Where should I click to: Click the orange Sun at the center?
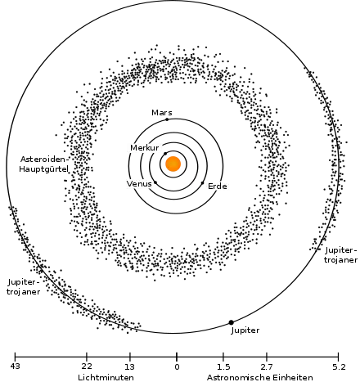173,164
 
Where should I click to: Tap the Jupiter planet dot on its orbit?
231,322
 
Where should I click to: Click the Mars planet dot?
167,119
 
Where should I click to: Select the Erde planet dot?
202,183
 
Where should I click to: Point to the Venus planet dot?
155,182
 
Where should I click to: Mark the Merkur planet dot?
165,154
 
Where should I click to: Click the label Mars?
162,112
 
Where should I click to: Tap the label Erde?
218,187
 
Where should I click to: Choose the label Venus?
139,183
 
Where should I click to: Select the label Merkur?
145,148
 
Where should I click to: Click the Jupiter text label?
245,330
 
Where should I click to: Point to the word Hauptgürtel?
43,169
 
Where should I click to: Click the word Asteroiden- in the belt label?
43,159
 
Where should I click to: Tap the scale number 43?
16,366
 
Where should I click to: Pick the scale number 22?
87,366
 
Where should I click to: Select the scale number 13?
130,366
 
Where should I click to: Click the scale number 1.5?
223,366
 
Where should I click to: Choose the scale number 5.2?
339,366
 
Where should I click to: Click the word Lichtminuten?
106,378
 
